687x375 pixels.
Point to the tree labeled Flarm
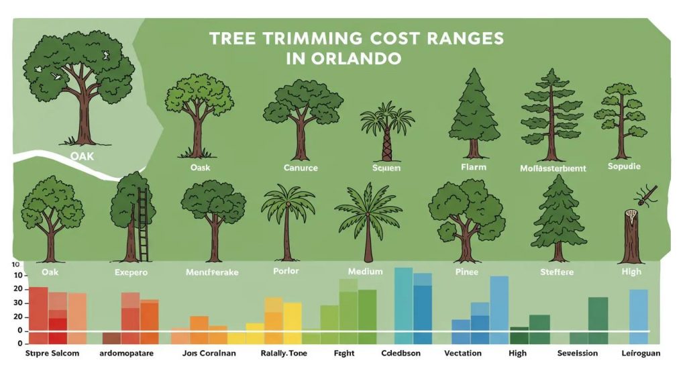[x=474, y=111]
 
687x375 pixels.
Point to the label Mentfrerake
[x=212, y=273]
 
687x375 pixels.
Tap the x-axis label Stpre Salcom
[x=52, y=353]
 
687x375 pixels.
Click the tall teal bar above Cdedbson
[x=403, y=299]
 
